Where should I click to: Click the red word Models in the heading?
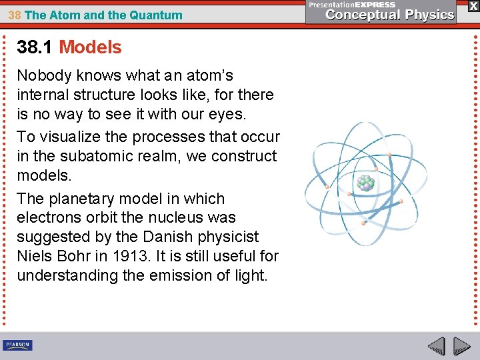pos(90,47)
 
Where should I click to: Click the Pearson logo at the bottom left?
pos(17,345)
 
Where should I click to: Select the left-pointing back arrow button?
pos(436,346)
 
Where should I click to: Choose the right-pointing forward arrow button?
pos(461,346)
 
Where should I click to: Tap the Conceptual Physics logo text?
pos(390,15)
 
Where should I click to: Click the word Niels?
pos(35,257)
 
